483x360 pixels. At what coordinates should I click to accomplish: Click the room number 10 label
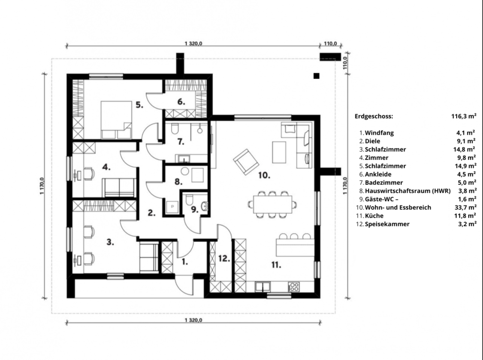point(264,175)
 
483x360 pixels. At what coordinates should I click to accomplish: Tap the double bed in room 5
point(116,120)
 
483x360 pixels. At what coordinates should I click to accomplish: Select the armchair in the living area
point(246,162)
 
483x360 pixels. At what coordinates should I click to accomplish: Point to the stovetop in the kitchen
point(293,287)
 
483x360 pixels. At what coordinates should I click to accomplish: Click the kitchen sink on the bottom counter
point(262,287)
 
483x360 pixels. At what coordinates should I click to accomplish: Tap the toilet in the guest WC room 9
point(190,199)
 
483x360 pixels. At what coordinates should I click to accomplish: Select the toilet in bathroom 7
point(175,129)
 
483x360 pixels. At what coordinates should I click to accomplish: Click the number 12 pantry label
point(224,259)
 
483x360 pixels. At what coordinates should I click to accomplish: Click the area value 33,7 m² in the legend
point(466,207)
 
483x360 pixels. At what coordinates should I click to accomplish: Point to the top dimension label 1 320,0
point(193,43)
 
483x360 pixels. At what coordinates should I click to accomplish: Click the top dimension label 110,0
point(330,43)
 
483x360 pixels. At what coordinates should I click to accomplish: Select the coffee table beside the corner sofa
point(279,152)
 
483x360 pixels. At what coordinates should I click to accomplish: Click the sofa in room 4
point(119,188)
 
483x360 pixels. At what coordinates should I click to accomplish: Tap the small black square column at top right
point(316,76)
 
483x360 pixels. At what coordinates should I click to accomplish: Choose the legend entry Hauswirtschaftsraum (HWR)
point(408,191)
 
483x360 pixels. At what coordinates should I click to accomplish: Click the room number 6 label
point(181,102)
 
